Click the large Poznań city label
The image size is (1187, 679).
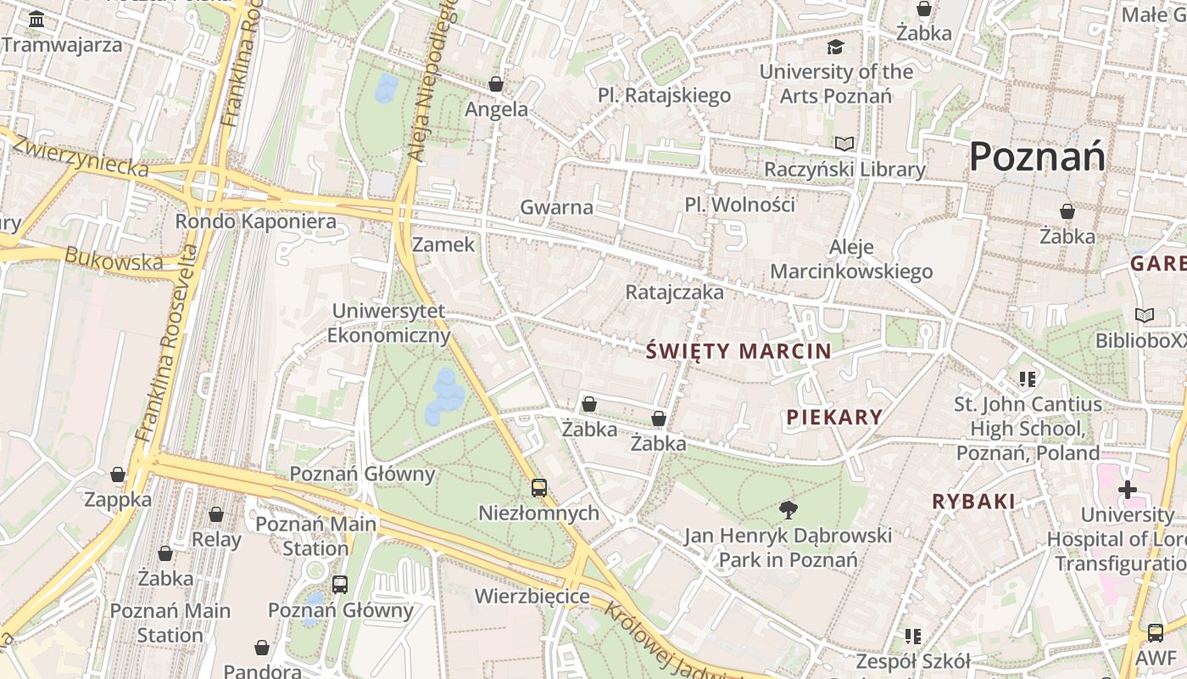(1037, 157)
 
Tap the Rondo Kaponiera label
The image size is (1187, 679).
(255, 222)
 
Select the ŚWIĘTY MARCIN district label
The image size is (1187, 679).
(738, 351)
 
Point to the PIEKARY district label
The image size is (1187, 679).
(834, 417)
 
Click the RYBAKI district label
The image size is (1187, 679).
(973, 502)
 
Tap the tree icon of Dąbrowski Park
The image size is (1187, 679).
(789, 509)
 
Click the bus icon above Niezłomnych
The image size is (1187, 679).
(539, 488)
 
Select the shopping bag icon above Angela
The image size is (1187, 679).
(496, 84)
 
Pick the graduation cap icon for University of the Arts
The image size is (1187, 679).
(836, 47)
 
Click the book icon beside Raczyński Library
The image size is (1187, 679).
(844, 143)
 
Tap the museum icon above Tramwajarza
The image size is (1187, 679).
(36, 19)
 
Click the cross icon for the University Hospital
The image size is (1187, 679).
(1127, 490)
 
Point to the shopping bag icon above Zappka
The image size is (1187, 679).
(118, 474)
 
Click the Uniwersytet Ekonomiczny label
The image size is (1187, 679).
(388, 323)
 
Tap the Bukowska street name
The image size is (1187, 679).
(114, 259)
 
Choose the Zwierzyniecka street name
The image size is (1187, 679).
(81, 156)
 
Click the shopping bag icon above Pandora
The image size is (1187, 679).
(262, 648)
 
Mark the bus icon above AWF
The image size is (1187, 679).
(1155, 632)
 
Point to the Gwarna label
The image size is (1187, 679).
(556, 207)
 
